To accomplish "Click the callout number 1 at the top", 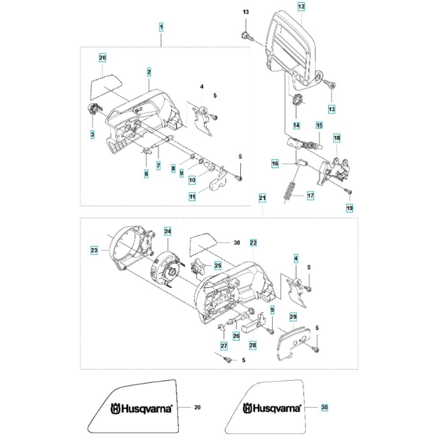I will coord(161,27).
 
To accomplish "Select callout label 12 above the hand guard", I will coord(301,7).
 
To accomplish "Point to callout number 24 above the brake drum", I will coord(168,231).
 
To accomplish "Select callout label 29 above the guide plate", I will coord(293,316).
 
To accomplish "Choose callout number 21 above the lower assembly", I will coord(262,199).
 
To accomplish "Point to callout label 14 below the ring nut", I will coord(296,125).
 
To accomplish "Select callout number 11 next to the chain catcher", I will coord(192,197).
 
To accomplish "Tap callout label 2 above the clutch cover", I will coord(149,71).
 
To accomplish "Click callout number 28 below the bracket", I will coord(253,346).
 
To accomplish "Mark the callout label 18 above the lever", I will coord(337,138).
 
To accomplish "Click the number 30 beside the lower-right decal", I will coord(324,407).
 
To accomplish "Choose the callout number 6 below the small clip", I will coord(147,174).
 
